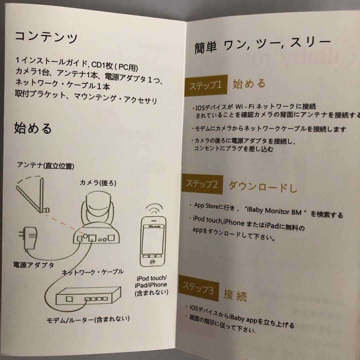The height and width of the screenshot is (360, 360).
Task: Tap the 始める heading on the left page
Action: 33,128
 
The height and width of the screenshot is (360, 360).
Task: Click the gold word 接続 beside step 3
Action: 235,295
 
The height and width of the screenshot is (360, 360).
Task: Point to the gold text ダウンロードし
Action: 263,187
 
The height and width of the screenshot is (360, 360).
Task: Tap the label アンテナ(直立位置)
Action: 46,166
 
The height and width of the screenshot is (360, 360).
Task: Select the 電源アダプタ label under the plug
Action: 34,265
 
